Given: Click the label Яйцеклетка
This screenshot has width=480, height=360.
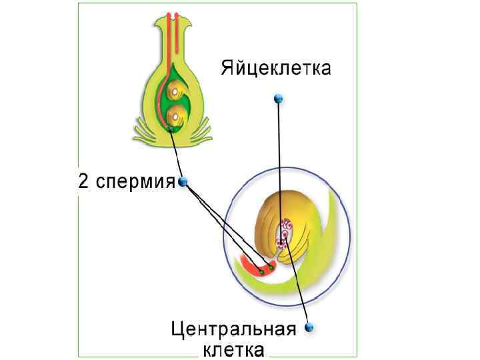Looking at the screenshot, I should [275, 68].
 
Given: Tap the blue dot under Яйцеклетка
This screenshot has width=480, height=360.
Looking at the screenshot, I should [279, 99].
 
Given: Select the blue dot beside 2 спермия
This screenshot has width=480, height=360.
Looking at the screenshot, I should [183, 181].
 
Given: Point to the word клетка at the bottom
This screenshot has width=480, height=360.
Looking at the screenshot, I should [233, 349].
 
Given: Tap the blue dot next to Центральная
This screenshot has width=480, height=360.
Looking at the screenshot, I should [309, 327].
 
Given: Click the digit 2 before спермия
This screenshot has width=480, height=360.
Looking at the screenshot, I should [83, 181].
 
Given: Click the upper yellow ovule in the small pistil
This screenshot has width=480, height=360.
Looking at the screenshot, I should [176, 89].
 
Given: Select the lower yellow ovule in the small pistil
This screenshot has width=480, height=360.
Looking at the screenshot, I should [176, 115].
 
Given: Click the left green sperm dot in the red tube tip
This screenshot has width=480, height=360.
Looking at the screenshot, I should [262, 271].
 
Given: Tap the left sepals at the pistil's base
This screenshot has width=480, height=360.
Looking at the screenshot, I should [143, 133].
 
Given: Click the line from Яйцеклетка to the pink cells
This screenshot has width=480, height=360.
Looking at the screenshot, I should [280, 167].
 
